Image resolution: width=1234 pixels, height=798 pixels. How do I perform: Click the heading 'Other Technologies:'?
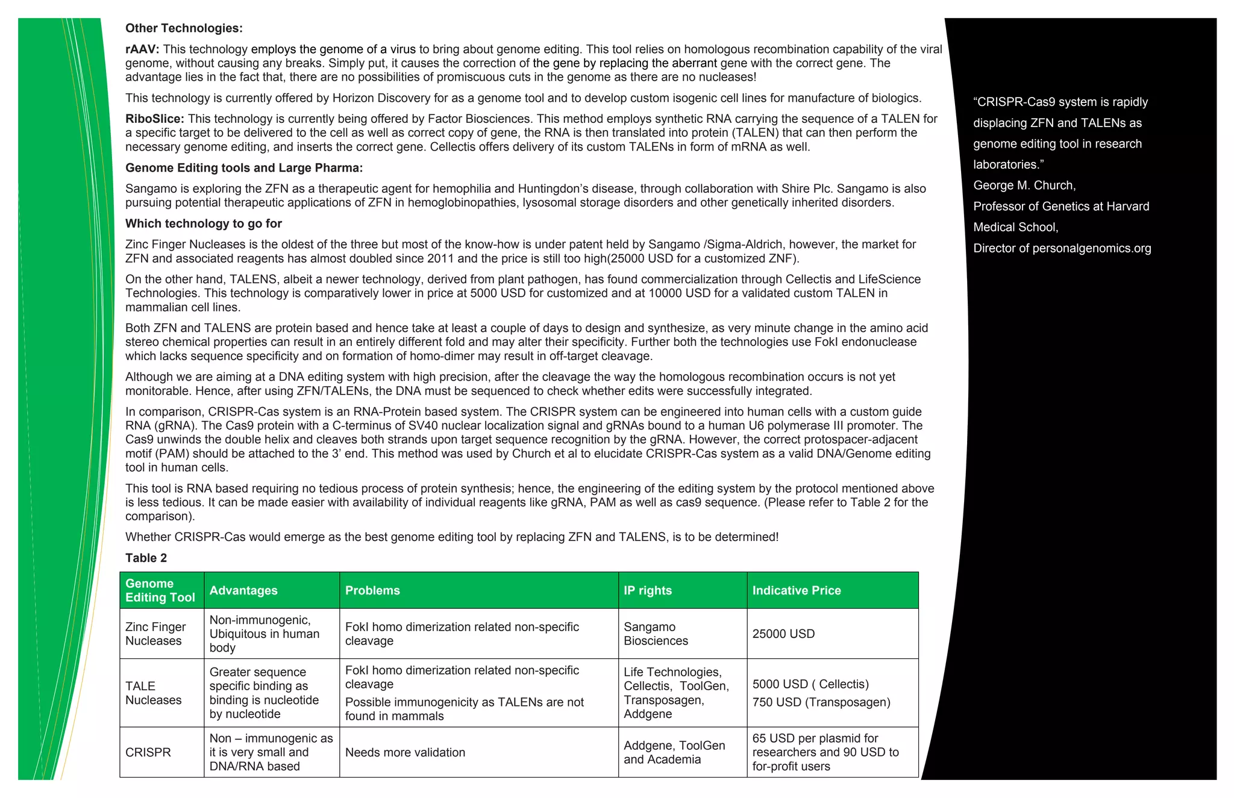pos(184,28)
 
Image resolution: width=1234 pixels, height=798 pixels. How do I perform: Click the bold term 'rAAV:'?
pos(142,49)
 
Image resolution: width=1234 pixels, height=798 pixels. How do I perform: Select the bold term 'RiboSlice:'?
pos(155,119)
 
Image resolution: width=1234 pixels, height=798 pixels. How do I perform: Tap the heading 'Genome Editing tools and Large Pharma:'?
pos(243,168)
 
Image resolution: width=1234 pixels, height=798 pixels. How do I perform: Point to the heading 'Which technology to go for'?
pos(203,224)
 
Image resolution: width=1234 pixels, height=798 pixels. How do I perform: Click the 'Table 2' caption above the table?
pos(146,558)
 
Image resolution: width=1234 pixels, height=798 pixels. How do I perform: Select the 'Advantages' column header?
pos(243,591)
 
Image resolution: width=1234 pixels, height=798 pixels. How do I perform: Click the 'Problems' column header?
pos(372,591)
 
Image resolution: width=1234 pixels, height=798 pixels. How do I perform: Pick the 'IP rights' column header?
pos(647,591)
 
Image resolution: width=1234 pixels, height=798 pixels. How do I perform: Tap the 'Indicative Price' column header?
pos(796,591)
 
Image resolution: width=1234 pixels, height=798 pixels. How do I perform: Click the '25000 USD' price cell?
pos(783,634)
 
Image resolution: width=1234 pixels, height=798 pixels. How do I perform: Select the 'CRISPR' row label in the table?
pos(148,753)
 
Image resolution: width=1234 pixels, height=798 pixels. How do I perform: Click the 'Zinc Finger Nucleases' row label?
pos(155,634)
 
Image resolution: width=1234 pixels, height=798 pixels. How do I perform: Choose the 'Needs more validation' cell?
pos(405,753)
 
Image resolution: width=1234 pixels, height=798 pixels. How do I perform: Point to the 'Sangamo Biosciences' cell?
pos(656,634)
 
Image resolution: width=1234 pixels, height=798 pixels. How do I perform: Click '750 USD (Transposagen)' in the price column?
pos(821,702)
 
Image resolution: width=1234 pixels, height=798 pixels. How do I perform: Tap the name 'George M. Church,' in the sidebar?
pos(1024,185)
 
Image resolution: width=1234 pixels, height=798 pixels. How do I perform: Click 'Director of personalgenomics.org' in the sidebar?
pos(1062,248)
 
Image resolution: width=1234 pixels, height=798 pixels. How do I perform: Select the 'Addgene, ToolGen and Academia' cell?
pos(674,753)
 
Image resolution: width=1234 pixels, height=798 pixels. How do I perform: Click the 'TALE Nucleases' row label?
pos(153,693)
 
